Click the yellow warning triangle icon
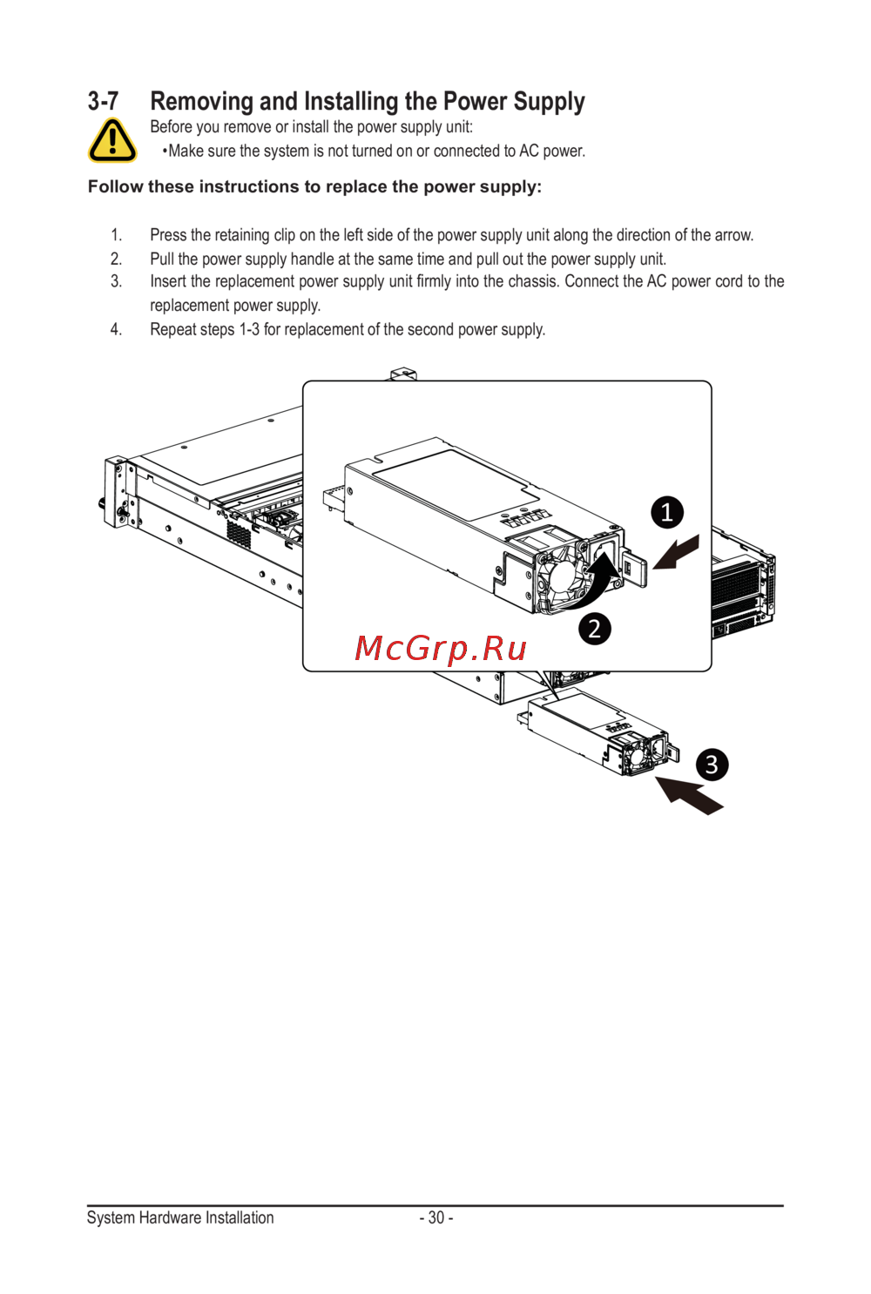[x=112, y=140]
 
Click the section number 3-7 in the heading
[x=104, y=101]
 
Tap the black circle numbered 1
[x=667, y=512]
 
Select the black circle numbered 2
[x=595, y=628]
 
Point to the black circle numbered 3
[x=712, y=765]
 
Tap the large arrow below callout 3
[x=689, y=795]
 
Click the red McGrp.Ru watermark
[x=441, y=649]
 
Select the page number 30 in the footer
[x=436, y=1217]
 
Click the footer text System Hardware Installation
[x=180, y=1217]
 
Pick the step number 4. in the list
[x=116, y=329]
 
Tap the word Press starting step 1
[x=168, y=235]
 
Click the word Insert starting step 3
[x=168, y=281]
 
